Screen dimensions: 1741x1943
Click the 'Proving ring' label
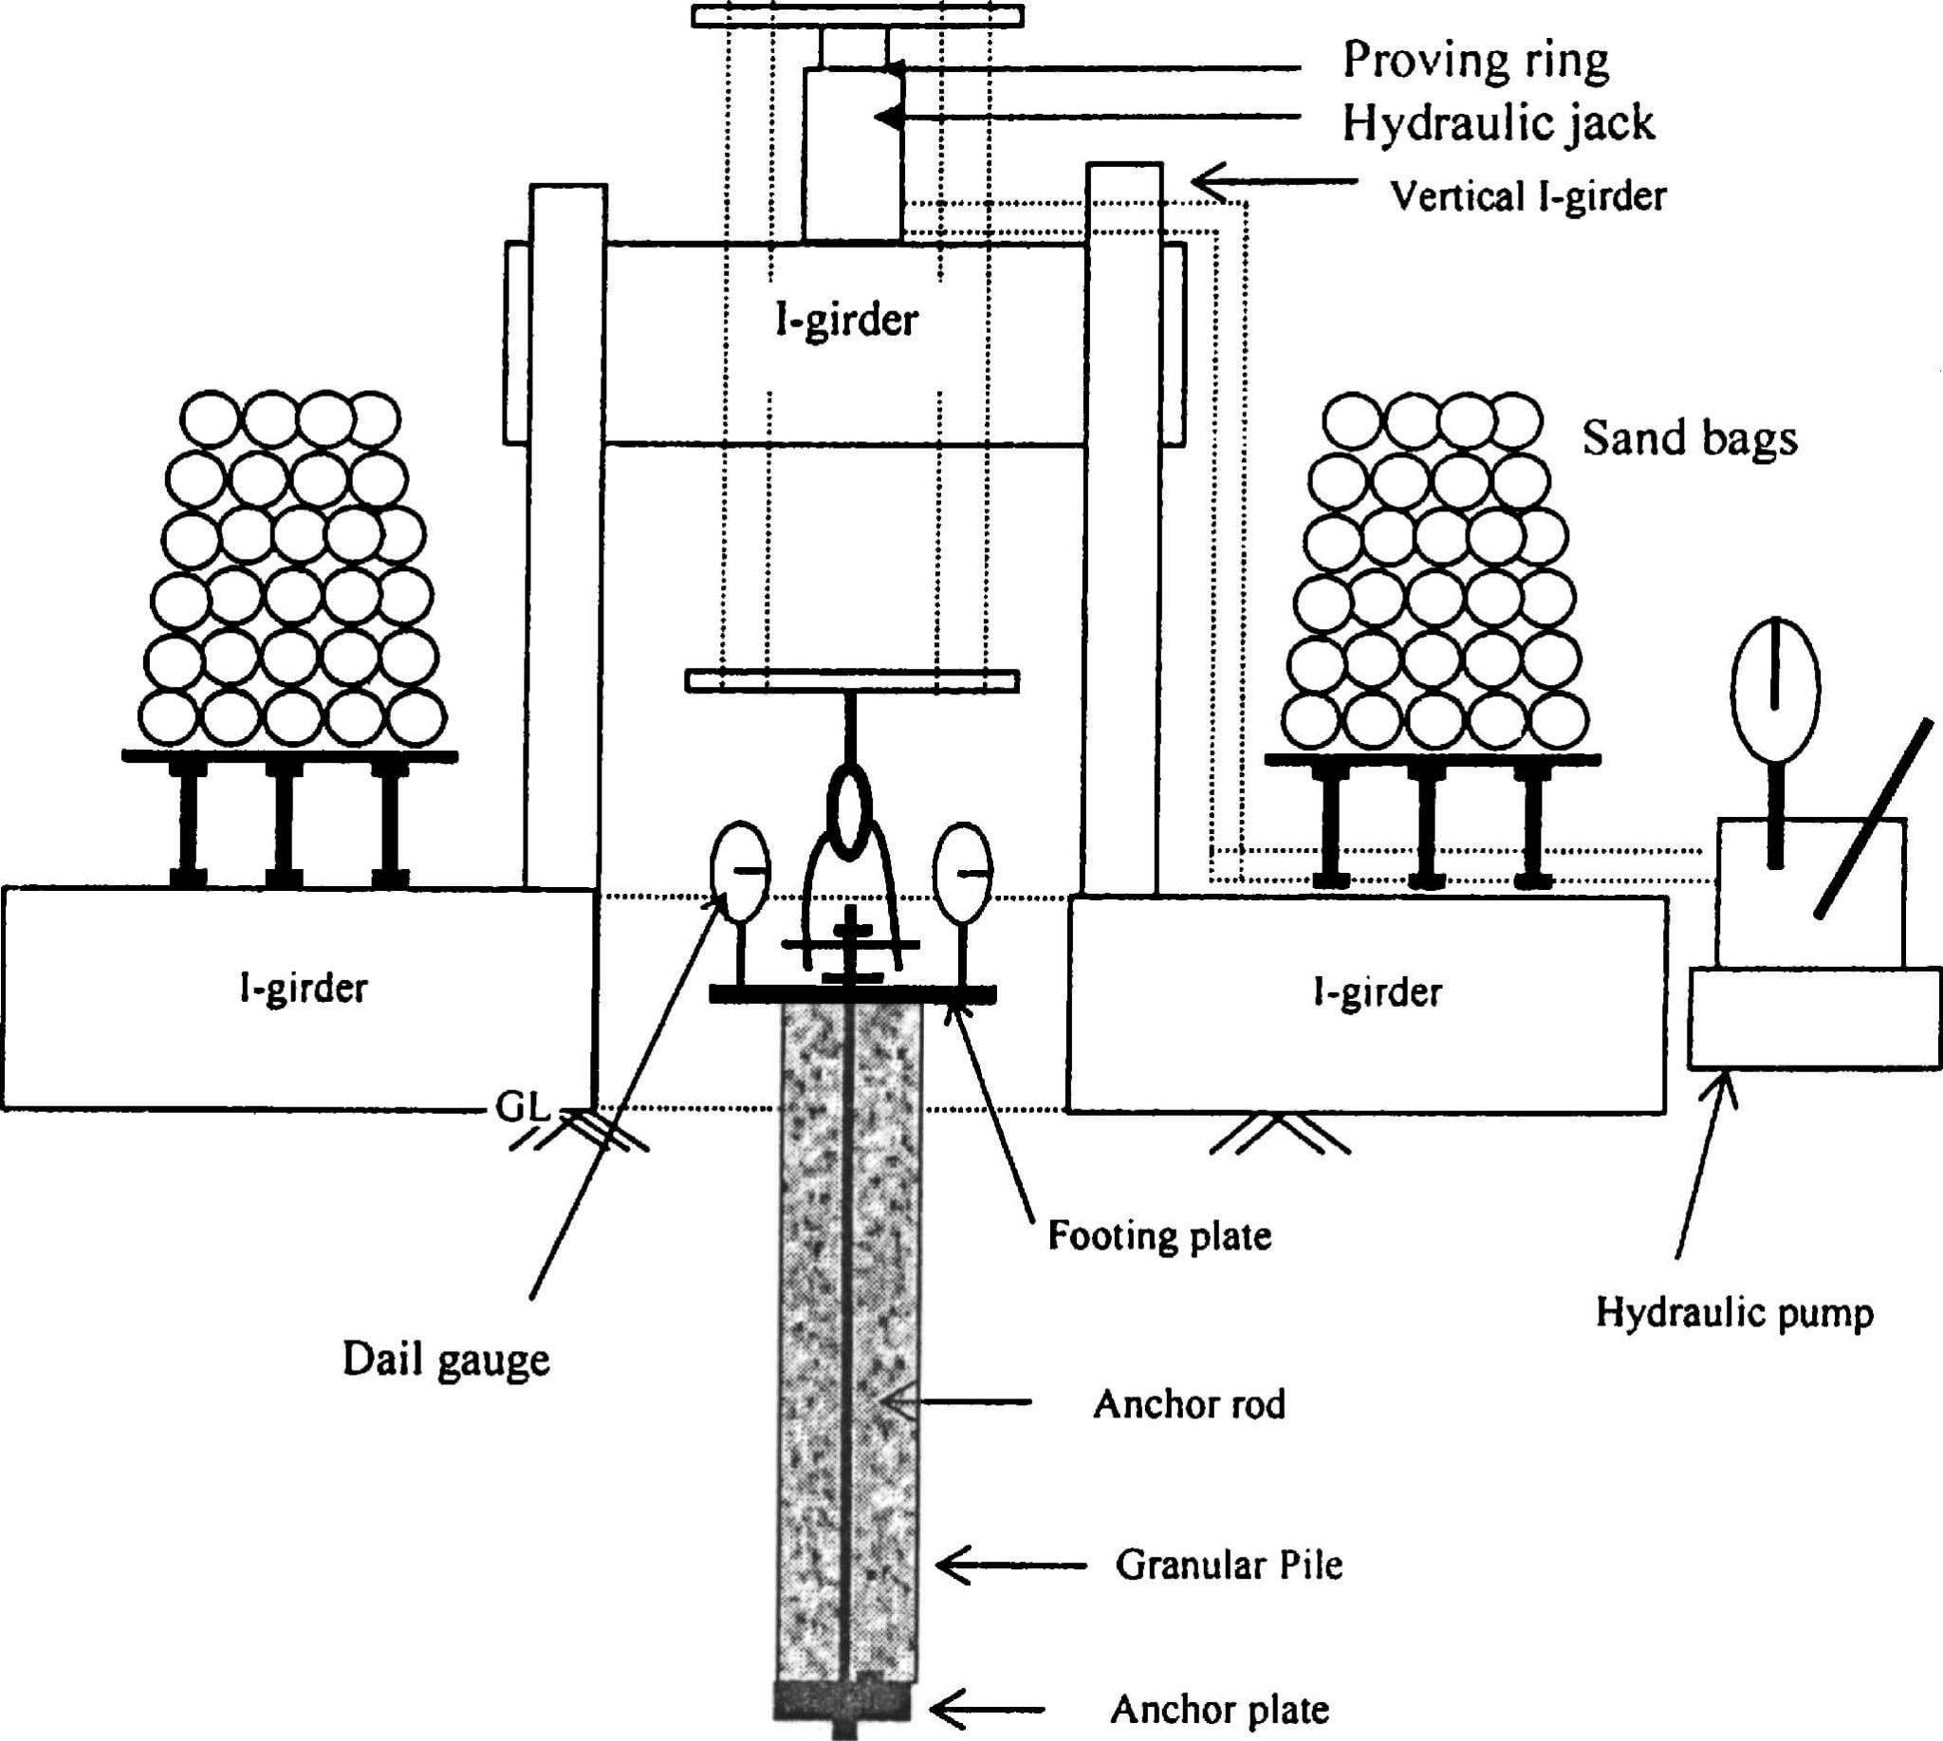point(1475,62)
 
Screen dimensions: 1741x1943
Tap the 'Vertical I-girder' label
point(1527,196)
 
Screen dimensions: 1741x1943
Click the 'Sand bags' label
point(1689,439)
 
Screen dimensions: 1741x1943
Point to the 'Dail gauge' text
point(446,1361)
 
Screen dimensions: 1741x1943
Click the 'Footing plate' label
point(1159,1236)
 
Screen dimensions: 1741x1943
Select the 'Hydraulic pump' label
point(1733,1312)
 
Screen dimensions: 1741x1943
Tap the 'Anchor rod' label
point(1189,1404)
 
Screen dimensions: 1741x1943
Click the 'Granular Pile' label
point(1229,1565)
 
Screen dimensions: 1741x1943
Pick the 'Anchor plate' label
point(1220,1710)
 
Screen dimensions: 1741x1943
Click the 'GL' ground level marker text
point(523,1108)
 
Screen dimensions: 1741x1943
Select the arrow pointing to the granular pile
point(1009,1565)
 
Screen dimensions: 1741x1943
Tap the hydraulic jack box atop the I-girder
point(852,153)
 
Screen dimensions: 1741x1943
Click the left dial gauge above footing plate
point(739,872)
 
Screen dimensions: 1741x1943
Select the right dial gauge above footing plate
point(962,872)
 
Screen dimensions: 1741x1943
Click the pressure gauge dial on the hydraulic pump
point(1775,689)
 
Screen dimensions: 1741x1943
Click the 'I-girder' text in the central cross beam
point(845,321)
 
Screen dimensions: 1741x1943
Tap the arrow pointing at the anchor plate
point(986,1710)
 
